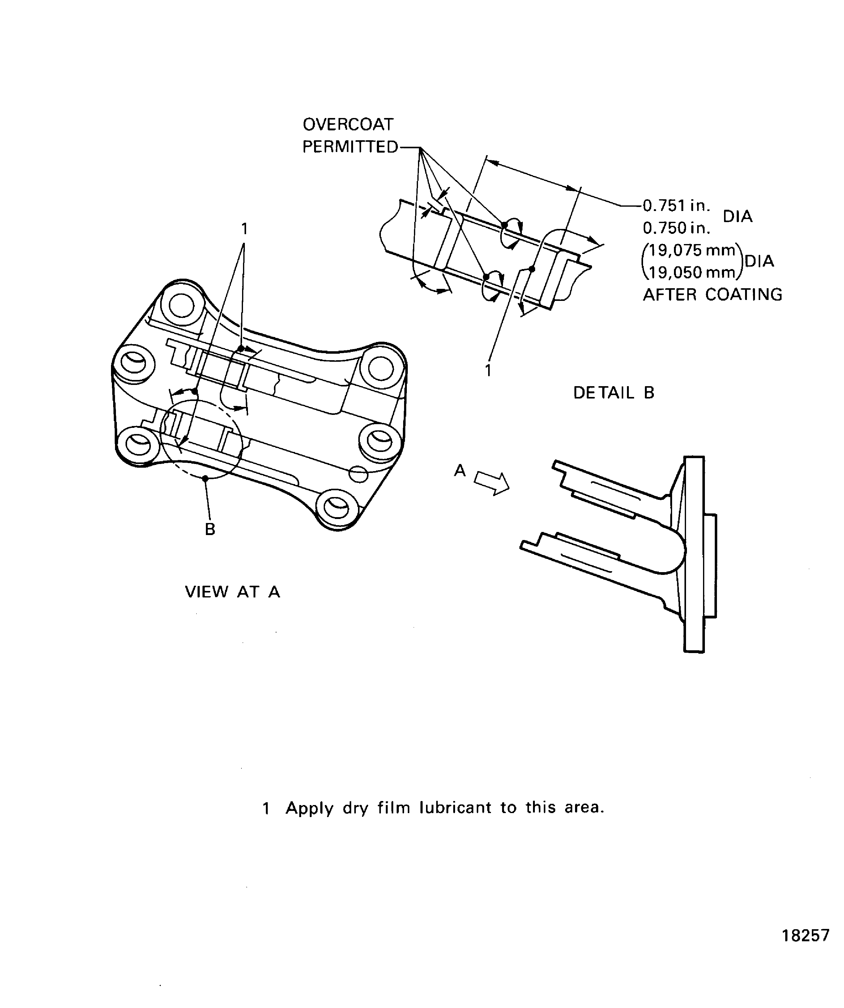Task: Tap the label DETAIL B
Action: pos(613,393)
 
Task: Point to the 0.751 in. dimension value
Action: pos(676,206)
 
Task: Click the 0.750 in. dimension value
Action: pos(676,228)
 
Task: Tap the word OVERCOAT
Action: pos(348,125)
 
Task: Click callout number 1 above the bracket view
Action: pos(245,229)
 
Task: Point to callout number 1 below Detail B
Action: pos(488,371)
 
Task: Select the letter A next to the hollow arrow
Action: pos(460,471)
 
